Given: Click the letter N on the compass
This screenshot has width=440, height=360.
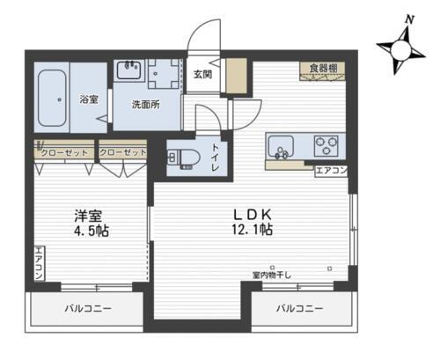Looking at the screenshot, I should coord(407,18).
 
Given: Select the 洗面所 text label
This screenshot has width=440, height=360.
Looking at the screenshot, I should coord(144,104).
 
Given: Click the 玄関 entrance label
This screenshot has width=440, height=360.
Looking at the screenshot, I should coord(202,74).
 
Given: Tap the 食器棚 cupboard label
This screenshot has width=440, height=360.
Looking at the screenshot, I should coord(322,68).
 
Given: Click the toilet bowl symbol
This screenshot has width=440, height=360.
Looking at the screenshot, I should coord(186,159).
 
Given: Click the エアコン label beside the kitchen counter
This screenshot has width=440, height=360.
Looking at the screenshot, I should coord(331,170).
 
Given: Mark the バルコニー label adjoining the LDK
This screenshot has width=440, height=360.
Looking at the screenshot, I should coord(299,309).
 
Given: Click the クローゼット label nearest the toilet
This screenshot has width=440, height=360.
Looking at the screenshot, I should coord(122,151).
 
